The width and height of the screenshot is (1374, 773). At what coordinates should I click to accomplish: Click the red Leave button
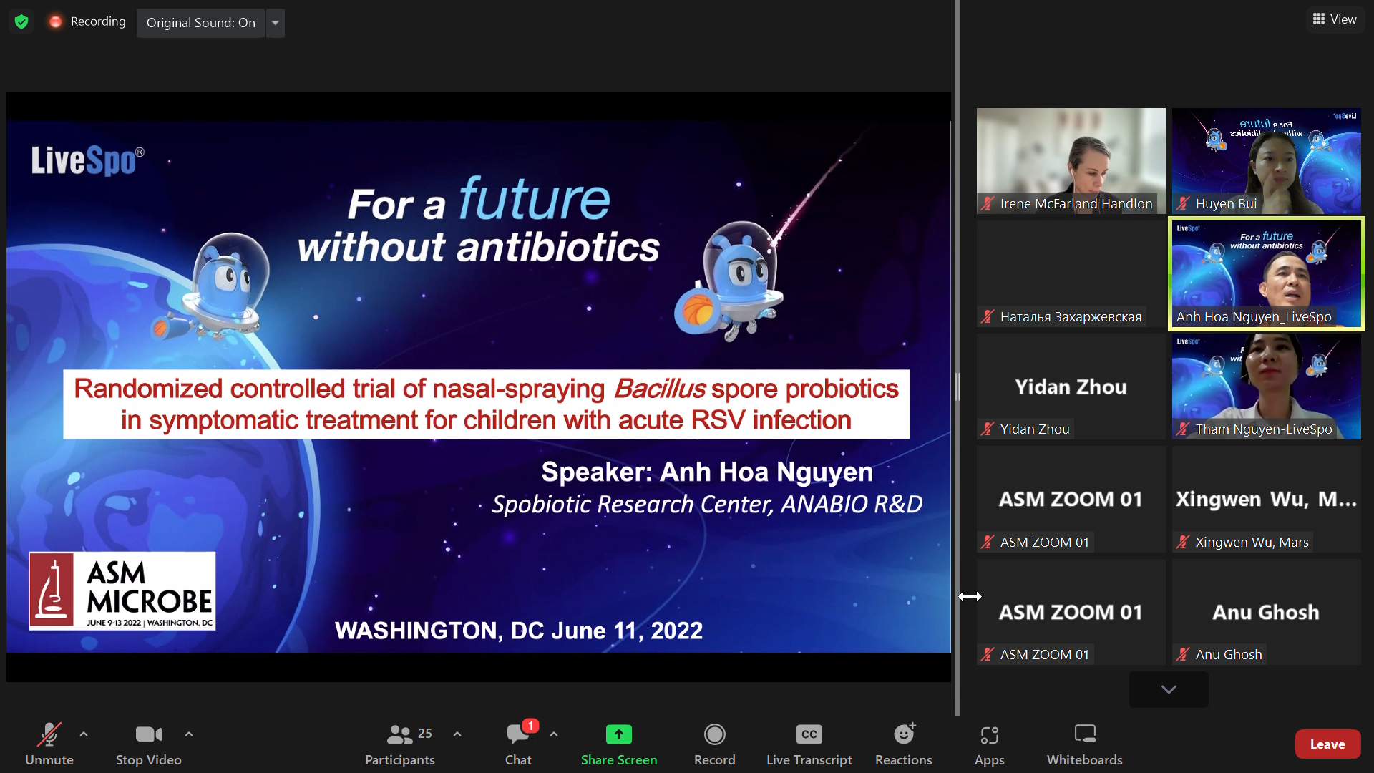tap(1327, 744)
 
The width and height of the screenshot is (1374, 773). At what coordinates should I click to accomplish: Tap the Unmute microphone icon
tap(49, 735)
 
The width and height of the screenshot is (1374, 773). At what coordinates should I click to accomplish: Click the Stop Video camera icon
tap(148, 735)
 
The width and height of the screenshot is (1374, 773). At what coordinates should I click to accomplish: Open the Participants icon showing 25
tap(400, 735)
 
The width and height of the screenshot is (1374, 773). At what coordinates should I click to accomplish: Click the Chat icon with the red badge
tap(518, 735)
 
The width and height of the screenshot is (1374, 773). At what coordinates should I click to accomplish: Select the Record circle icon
tap(714, 735)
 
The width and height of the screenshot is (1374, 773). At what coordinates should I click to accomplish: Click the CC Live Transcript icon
tap(809, 735)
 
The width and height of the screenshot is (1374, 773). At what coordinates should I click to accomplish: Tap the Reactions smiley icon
tap(904, 735)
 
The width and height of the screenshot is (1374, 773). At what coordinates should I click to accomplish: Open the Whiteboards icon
tap(1085, 735)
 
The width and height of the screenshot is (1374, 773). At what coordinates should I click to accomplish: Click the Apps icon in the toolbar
tap(989, 735)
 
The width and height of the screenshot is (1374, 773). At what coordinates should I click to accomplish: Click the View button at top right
tap(1335, 19)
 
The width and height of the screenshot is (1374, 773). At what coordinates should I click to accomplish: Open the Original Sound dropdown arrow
tap(276, 23)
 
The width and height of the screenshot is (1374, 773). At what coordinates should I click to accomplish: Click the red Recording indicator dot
tap(55, 22)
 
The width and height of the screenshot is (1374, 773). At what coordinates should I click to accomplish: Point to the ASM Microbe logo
tap(122, 591)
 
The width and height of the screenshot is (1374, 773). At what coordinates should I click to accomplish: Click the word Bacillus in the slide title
tap(659, 389)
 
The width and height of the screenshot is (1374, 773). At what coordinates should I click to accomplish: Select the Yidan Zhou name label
tap(1034, 429)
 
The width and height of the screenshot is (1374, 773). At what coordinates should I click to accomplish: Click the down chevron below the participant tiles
tap(1169, 690)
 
